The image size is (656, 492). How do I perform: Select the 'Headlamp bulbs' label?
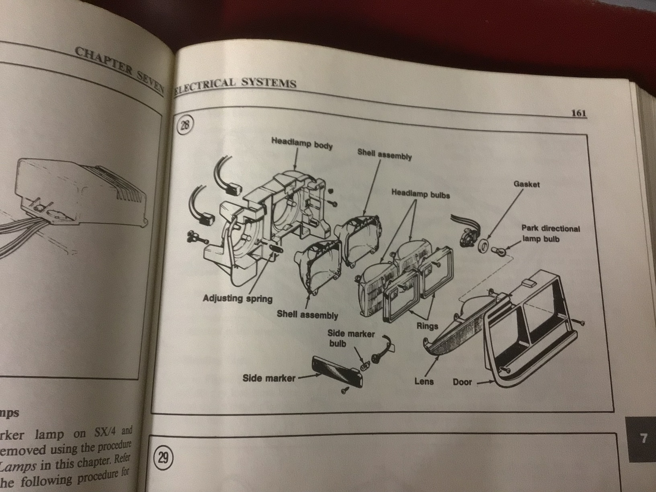click(420, 194)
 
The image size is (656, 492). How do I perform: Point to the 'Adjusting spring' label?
click(237, 298)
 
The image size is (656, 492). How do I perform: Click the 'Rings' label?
click(427, 326)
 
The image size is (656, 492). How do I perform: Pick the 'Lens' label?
click(424, 381)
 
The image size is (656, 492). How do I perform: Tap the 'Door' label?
click(462, 382)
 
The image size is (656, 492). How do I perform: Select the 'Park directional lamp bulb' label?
click(550, 233)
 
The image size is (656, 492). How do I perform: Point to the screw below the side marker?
click(344, 391)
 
